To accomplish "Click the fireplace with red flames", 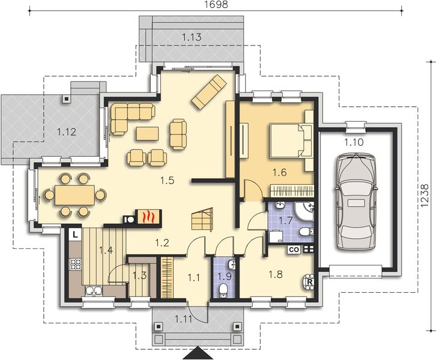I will (147, 217).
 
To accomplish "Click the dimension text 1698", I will (216, 5).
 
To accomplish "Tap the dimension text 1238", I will (426, 196).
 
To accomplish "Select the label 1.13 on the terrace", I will (192, 37).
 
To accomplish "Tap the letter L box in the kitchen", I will (73, 235).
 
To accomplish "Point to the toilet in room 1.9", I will (223, 290).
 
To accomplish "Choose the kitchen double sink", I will (93, 290).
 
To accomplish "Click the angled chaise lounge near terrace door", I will (208, 92).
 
